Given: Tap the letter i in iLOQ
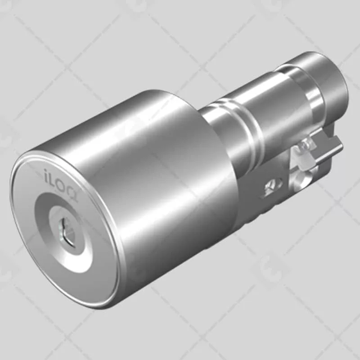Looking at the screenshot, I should click(x=46, y=173).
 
